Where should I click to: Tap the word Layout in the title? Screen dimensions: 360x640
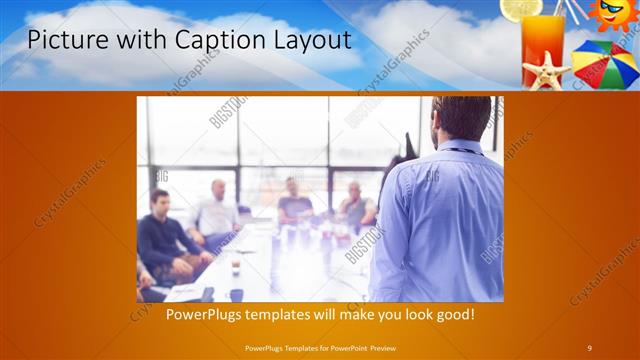tap(309, 40)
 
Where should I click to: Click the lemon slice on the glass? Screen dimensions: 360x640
tap(521, 9)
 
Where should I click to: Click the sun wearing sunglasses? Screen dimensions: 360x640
tap(612, 14)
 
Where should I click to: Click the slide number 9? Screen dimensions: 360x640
tap(590, 347)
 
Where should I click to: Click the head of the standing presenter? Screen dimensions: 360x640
tap(463, 116)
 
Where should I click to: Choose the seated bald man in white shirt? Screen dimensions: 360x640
tap(218, 212)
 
